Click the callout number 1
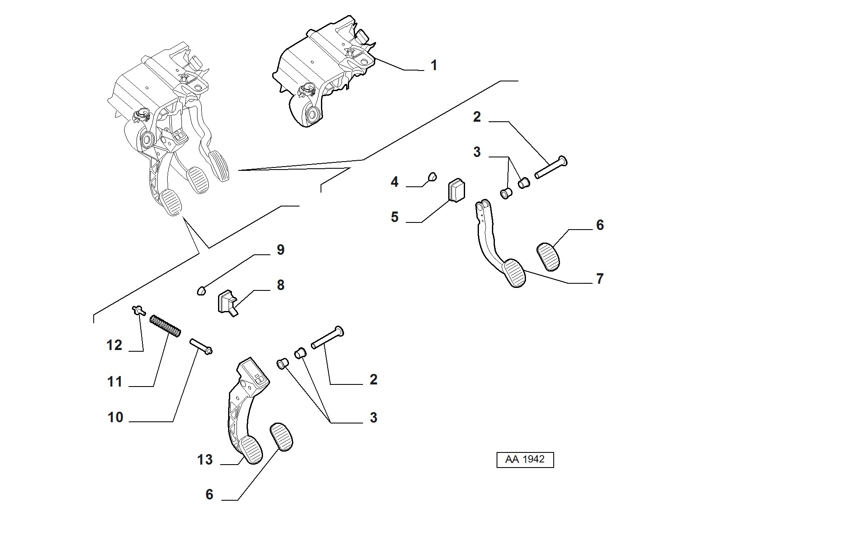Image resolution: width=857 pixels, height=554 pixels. [434, 65]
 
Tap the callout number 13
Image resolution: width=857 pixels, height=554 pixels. [205, 460]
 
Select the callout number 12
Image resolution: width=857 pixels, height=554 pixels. [114, 345]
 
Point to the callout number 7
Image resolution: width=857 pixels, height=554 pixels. [600, 279]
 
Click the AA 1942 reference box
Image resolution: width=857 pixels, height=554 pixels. [525, 460]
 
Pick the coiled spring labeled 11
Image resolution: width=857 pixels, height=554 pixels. [166, 326]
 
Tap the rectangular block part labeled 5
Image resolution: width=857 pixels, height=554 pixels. [456, 191]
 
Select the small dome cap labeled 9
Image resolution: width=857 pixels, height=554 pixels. [202, 290]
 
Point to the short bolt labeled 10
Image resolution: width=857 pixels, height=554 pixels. [201, 346]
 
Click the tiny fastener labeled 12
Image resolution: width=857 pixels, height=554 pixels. [138, 311]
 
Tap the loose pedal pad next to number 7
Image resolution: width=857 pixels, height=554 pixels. [549, 256]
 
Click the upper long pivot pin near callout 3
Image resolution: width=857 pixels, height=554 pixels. [551, 167]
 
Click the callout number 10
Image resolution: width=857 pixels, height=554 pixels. [116, 417]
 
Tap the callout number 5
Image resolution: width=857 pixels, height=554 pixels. [394, 217]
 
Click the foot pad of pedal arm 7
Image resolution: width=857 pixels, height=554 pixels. [514, 273]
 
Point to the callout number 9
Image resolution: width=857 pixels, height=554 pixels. [281, 250]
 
